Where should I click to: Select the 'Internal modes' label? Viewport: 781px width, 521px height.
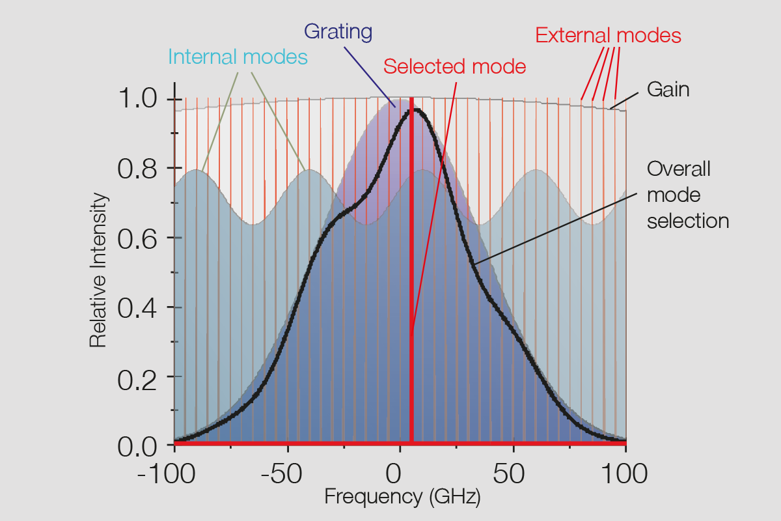(x=238, y=57)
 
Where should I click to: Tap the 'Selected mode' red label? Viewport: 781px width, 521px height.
(x=454, y=66)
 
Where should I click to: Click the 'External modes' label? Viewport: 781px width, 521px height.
(x=609, y=35)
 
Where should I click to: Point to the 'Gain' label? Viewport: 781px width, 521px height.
(x=668, y=89)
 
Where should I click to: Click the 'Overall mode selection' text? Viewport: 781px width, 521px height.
(x=688, y=195)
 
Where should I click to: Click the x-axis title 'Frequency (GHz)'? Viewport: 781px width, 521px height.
(x=402, y=497)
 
